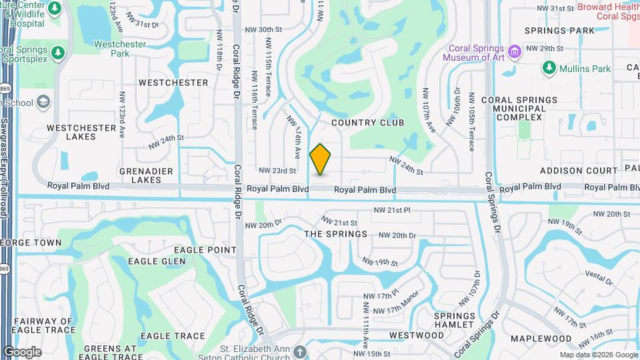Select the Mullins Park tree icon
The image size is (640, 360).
[x=549, y=68]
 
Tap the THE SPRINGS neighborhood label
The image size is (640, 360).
[x=335, y=234]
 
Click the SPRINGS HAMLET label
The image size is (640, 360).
[x=454, y=320]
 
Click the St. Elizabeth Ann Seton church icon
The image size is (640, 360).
[x=300, y=351]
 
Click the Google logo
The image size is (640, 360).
[x=22, y=351]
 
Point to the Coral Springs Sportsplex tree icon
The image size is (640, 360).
[x=58, y=52]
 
